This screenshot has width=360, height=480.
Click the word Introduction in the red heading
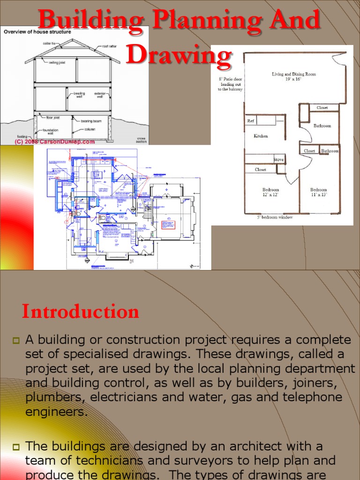coord(81,312)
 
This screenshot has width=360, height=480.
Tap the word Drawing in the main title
coord(179,55)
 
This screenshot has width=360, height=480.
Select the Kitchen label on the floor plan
coord(261,136)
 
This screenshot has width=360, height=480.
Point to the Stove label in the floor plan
coord(279,159)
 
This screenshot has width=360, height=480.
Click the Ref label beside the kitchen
coord(250,121)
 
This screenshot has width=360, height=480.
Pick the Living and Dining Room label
coord(294,76)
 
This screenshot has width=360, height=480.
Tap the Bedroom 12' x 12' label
coord(270,192)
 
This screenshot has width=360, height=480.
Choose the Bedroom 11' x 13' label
coord(319,192)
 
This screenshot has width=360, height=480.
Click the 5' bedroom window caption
coord(275,217)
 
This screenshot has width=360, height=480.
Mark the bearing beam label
coord(91,121)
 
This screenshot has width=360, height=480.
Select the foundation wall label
coord(51,131)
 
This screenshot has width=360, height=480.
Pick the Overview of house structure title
coord(37,32)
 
